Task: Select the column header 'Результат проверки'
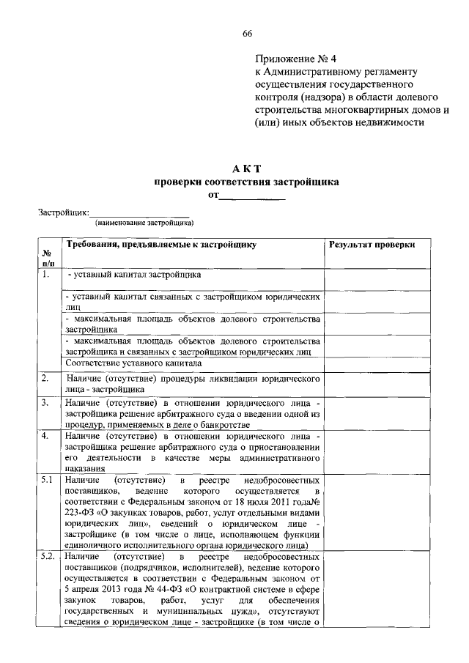pyautogui.click(x=371, y=245)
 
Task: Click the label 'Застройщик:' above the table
pyautogui.click(x=63, y=212)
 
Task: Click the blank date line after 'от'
pyautogui.click(x=253, y=196)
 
